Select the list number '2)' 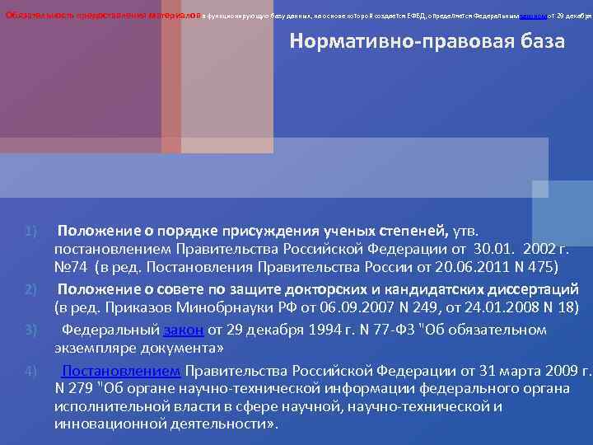(x=30, y=289)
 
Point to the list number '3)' (x=30, y=330)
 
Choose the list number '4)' (x=30, y=369)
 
